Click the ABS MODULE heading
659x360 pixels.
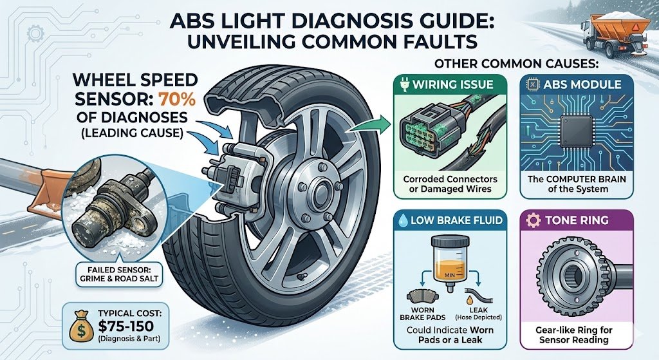(582, 84)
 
